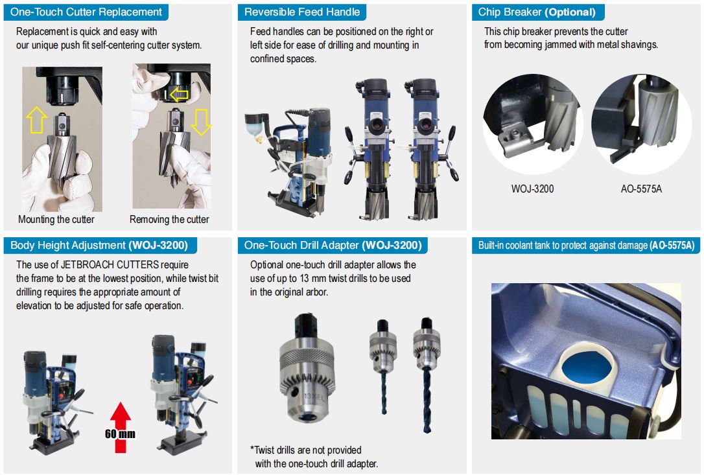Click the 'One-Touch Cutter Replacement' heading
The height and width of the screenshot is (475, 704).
(86, 12)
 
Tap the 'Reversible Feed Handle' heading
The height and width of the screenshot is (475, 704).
(302, 12)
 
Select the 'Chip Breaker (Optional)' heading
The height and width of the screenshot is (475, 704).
(537, 12)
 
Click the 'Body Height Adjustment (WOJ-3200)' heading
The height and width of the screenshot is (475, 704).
(99, 245)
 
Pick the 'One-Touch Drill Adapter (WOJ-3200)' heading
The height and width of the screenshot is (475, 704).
(333, 245)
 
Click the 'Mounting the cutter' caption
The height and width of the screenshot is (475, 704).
(56, 220)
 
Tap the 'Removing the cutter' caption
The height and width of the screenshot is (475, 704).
(169, 220)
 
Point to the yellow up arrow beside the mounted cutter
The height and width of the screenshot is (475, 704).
(36, 120)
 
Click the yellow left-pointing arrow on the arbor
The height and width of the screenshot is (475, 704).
(179, 95)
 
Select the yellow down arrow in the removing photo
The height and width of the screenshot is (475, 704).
(201, 122)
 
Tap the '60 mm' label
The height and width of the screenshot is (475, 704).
(120, 434)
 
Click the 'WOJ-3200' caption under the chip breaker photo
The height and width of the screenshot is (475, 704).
(532, 189)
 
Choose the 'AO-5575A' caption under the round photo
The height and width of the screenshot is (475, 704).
(641, 189)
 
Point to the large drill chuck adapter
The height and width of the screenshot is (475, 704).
(307, 369)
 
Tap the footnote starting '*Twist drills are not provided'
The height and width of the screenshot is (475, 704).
(314, 457)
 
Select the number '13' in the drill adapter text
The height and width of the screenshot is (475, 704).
(305, 279)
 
